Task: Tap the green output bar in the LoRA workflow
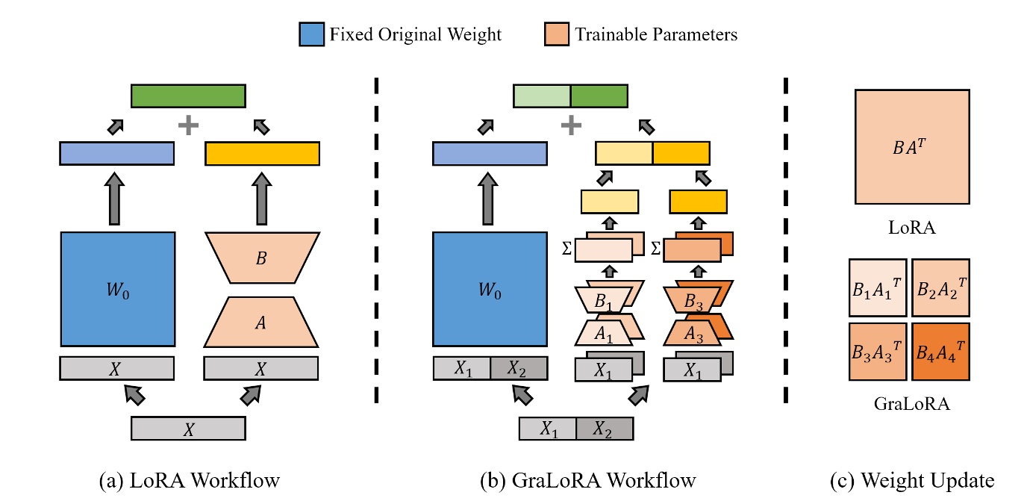pyautogui.click(x=188, y=96)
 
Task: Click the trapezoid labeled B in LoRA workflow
pyautogui.click(x=261, y=258)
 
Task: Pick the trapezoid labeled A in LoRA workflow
pyautogui.click(x=261, y=323)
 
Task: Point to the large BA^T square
pyautogui.click(x=912, y=147)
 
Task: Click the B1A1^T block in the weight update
pyautogui.click(x=878, y=287)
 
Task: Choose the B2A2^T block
pyautogui.click(x=940, y=287)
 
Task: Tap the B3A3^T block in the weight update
pyautogui.click(x=878, y=351)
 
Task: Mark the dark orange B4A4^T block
pyautogui.click(x=940, y=351)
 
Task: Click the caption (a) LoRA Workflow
pyautogui.click(x=189, y=480)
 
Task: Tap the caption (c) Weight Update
pyautogui.click(x=911, y=480)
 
